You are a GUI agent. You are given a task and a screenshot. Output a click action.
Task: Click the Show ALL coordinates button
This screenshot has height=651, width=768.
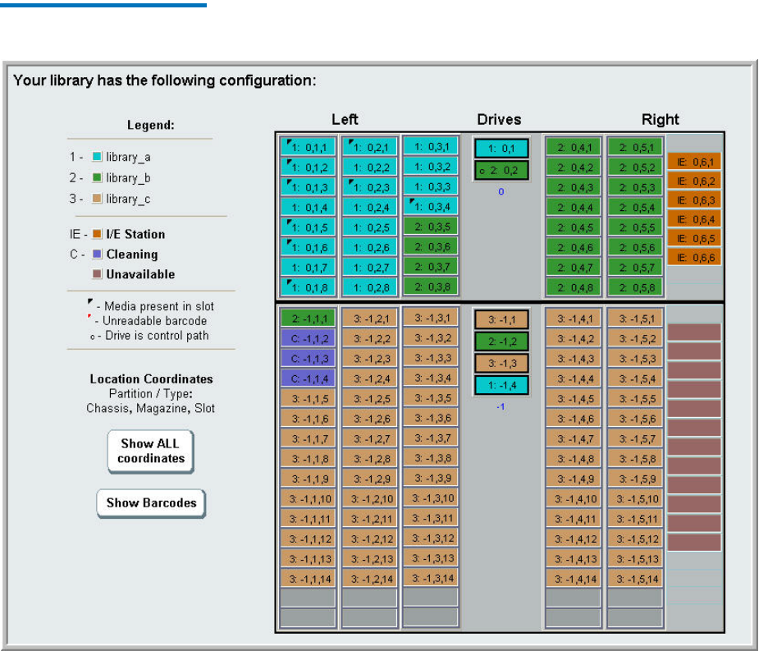click(151, 451)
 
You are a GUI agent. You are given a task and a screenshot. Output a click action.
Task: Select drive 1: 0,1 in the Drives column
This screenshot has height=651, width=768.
click(501, 149)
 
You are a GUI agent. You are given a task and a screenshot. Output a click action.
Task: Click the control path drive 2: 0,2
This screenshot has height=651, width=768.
click(501, 170)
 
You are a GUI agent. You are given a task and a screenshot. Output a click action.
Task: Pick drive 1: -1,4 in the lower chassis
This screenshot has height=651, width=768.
click(501, 385)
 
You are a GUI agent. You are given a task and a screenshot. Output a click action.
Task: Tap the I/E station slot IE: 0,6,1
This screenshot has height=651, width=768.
click(693, 163)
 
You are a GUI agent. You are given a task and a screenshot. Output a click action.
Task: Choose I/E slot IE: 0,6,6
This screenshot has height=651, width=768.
click(693, 257)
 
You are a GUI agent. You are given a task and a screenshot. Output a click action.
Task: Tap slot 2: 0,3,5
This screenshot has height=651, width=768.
click(430, 227)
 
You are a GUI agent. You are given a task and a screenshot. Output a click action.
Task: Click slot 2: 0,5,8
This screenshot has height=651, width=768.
click(634, 287)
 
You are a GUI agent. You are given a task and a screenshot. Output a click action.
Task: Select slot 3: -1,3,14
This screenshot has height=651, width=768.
click(430, 578)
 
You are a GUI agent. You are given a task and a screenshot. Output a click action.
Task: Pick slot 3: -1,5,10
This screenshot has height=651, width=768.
click(634, 498)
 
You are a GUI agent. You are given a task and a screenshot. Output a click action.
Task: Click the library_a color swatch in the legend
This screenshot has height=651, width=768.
click(98, 157)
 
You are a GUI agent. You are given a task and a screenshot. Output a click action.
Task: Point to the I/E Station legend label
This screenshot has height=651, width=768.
click(135, 234)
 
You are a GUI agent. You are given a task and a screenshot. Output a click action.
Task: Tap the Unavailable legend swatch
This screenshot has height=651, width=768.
click(98, 274)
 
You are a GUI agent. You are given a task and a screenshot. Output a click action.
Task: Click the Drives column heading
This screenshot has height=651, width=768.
click(499, 120)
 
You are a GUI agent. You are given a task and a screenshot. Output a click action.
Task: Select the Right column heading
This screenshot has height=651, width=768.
click(661, 120)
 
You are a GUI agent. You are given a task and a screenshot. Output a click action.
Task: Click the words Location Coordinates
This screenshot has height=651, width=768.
click(151, 378)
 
